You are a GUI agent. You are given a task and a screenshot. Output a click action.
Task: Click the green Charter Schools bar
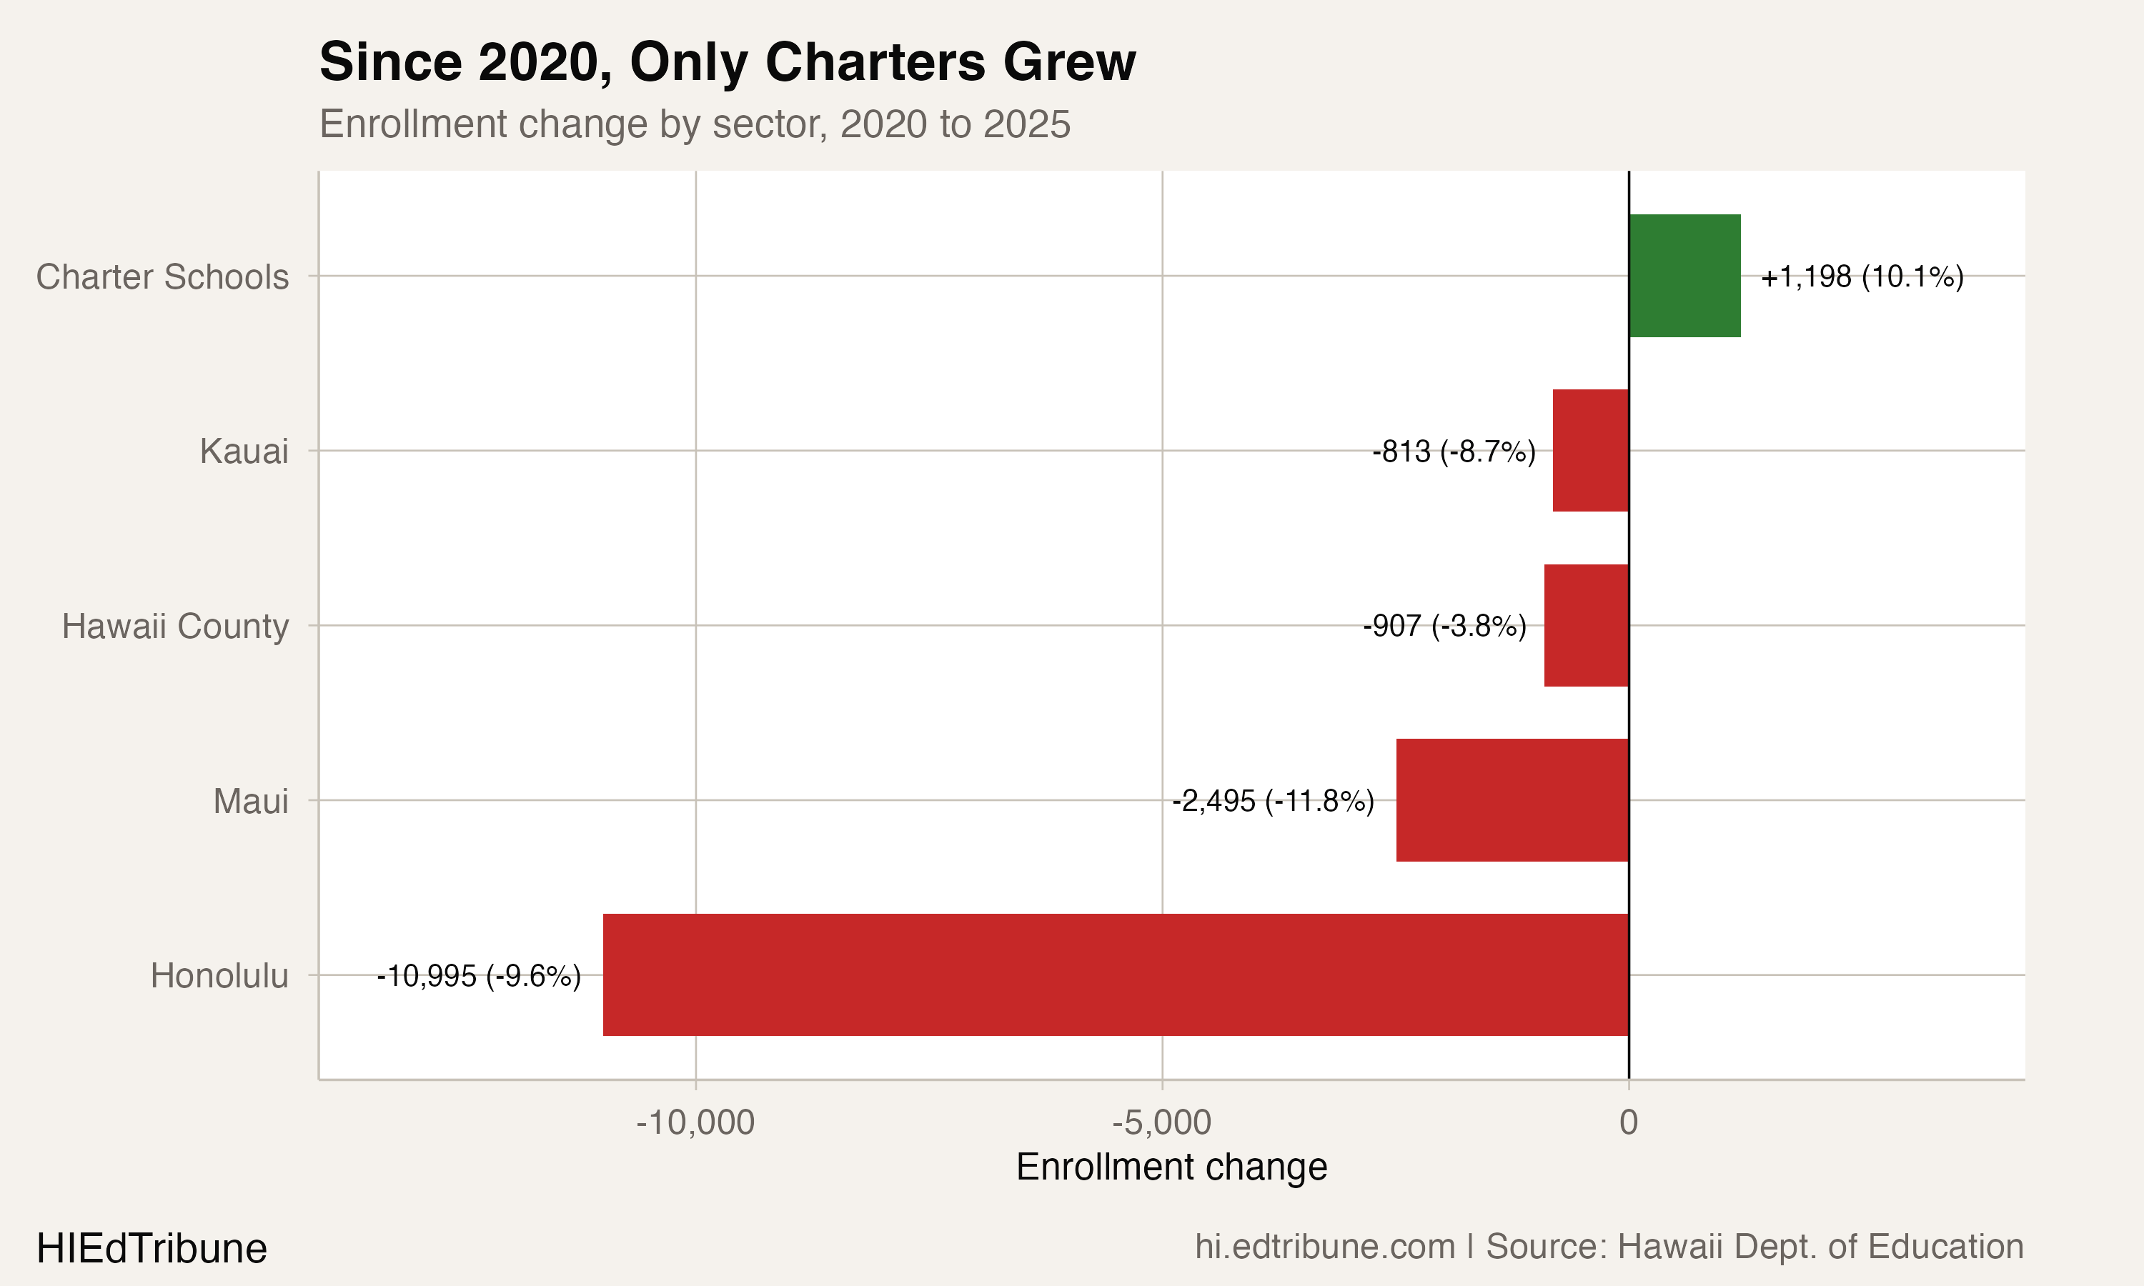[x=1684, y=276]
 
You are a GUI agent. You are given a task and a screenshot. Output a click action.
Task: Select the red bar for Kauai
[x=1590, y=451]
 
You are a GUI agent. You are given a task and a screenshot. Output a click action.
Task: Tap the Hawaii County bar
[x=1586, y=626]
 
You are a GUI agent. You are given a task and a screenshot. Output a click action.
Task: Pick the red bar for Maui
[x=1512, y=800]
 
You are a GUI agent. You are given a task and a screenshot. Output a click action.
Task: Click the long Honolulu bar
[x=1116, y=975]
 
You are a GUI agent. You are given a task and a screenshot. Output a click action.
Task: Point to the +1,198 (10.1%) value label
[x=1862, y=277]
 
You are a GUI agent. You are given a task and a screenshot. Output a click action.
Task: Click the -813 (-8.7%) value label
[x=1454, y=452]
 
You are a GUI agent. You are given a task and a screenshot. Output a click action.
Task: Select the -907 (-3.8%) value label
[x=1444, y=626]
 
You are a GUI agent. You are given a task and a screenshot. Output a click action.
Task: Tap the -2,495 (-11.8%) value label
[x=1273, y=801]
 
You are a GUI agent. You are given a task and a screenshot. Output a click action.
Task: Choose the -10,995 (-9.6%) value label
[x=478, y=977]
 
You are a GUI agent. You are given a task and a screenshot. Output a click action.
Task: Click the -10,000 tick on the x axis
[x=695, y=1122]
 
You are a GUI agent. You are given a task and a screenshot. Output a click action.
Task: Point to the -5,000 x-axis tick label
[x=1161, y=1122]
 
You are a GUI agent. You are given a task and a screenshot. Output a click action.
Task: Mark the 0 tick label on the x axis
[x=1628, y=1122]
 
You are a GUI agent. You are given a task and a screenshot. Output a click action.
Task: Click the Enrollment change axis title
[x=1171, y=1167]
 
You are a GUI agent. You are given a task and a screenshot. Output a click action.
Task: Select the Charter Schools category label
[x=162, y=277]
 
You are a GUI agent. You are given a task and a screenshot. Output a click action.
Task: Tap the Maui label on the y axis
[x=250, y=801]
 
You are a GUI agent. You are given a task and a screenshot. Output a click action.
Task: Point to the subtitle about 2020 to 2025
[x=694, y=124]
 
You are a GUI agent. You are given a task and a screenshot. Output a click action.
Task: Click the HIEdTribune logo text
[x=152, y=1249]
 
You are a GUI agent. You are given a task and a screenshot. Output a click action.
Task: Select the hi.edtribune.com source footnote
[x=1609, y=1247]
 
